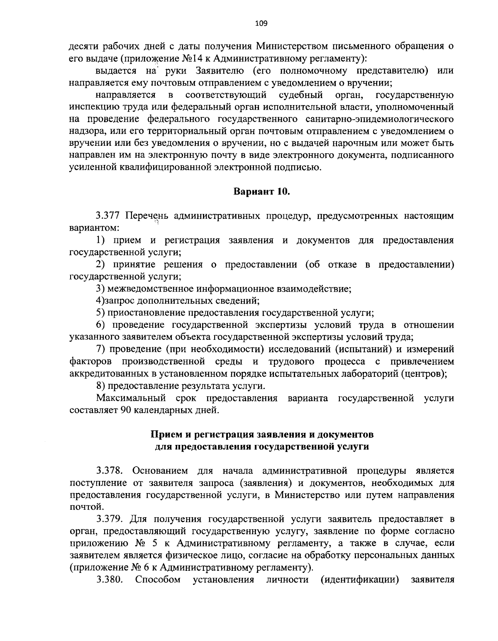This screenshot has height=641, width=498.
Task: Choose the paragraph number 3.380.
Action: click(x=110, y=580)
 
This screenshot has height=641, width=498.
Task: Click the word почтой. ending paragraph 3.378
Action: click(x=85, y=507)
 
